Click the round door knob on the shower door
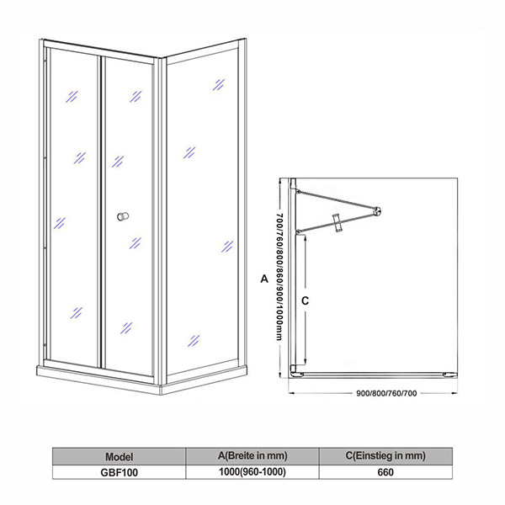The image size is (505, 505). pos(123,216)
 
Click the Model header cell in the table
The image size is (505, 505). pos(119,456)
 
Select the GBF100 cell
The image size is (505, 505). pos(119,472)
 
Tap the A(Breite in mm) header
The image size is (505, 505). pos(252,455)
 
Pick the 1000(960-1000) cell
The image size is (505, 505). pos(252,472)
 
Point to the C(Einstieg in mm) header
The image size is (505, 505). pos(385,455)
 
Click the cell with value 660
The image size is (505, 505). pos(385,472)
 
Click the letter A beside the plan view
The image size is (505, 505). pos(264,279)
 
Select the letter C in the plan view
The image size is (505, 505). pos(305,300)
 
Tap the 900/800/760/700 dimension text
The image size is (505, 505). pos(386,393)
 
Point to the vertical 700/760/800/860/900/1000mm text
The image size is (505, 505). pos(279,277)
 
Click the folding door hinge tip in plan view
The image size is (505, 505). pos(377,211)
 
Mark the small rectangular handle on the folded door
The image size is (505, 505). pos(338,222)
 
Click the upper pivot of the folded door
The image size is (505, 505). pos(298,192)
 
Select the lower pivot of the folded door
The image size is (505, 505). pos(298,231)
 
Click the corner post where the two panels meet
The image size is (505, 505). pos(160,221)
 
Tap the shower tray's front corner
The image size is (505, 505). pos(161,390)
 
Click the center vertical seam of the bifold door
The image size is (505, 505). pos(102,212)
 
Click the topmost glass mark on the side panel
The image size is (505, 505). pos(218,85)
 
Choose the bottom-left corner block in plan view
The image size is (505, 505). pos(294,369)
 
